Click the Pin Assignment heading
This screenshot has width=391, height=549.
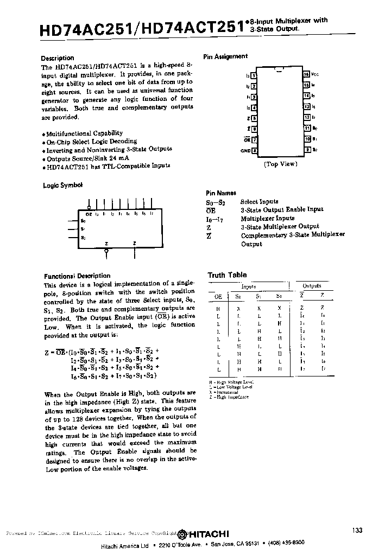[x=225, y=56]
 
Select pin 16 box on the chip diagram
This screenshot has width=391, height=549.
[x=306, y=74]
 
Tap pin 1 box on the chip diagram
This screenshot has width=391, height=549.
[x=254, y=76]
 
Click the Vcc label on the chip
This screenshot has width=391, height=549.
[x=315, y=74]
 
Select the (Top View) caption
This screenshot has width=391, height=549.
[x=280, y=164]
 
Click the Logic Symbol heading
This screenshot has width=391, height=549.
[x=62, y=185]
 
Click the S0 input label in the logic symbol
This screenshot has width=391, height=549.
[x=83, y=221]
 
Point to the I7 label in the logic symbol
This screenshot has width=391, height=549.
[x=152, y=214]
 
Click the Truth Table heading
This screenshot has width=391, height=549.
[x=227, y=275]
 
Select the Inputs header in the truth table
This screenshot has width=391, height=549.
[x=249, y=286]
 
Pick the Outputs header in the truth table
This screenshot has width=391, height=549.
[x=312, y=285]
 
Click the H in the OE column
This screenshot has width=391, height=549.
[x=218, y=307]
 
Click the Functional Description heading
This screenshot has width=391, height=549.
[x=77, y=276]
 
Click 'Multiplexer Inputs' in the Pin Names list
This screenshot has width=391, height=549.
[x=267, y=218]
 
